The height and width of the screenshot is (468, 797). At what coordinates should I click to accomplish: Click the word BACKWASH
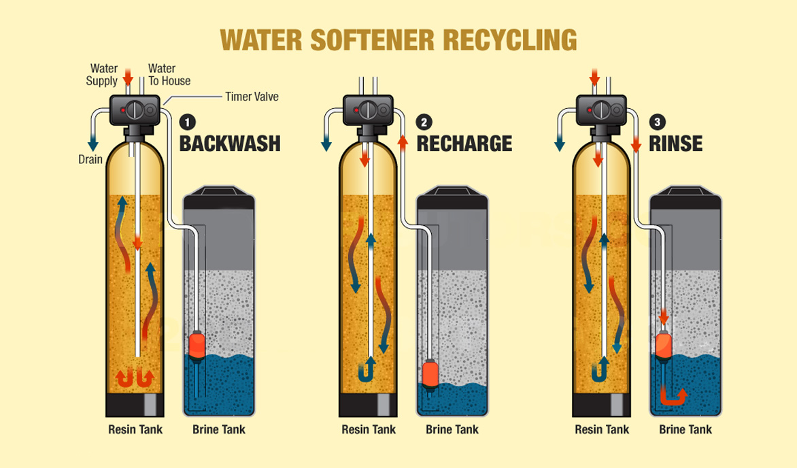click(229, 144)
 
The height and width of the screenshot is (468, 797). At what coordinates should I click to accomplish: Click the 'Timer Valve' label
click(252, 97)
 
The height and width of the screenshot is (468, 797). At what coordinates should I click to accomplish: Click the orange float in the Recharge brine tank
click(430, 375)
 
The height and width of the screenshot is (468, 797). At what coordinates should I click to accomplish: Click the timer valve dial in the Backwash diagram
click(137, 110)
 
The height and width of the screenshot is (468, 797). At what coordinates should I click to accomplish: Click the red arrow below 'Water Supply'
click(126, 80)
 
